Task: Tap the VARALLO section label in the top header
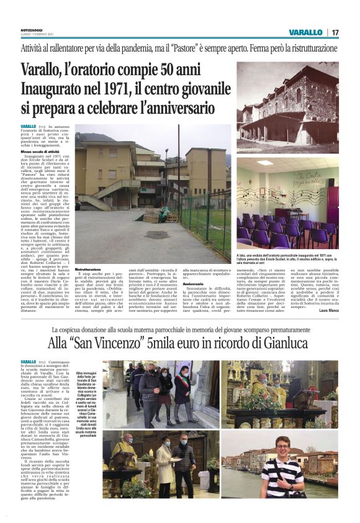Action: [306, 32]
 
